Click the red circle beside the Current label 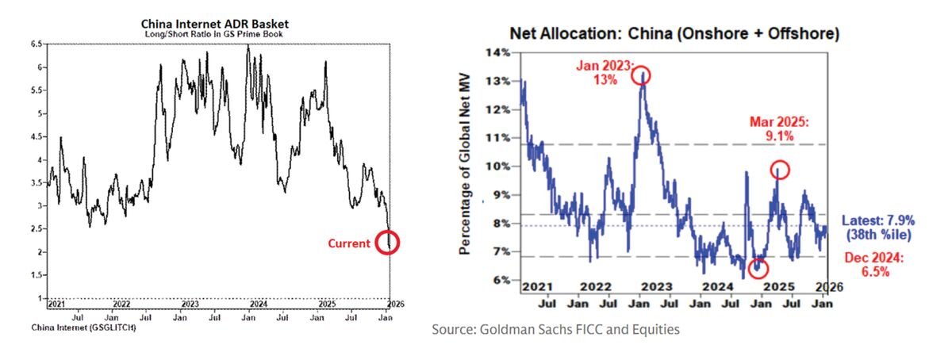click(x=387, y=242)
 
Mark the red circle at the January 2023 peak click(x=641, y=75)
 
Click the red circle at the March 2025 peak click(x=778, y=169)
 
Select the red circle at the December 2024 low click(x=758, y=268)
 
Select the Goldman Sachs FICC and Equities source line click(x=555, y=328)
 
